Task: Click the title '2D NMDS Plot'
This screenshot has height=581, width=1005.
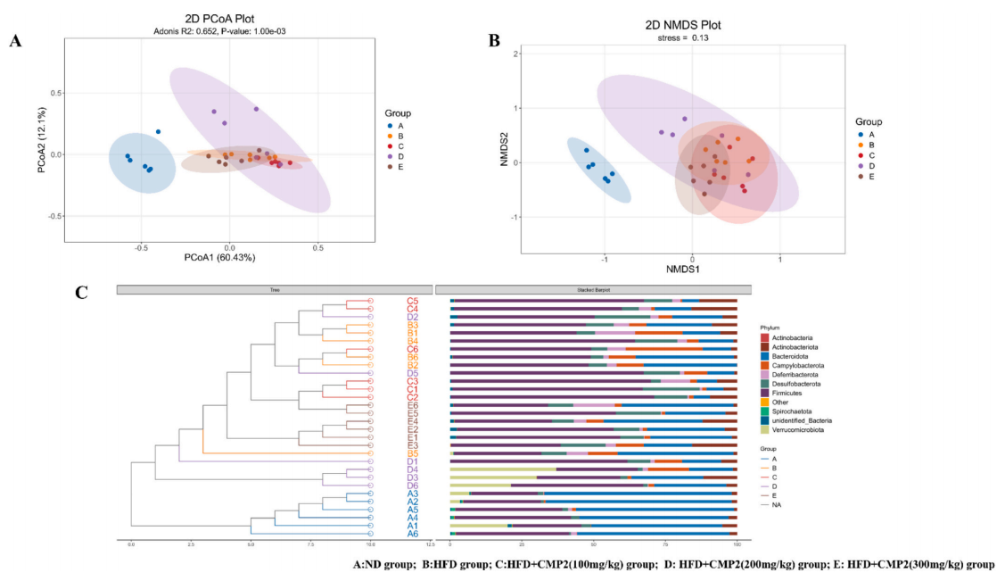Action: [x=682, y=25]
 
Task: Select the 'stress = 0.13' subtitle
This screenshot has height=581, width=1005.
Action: [x=682, y=39]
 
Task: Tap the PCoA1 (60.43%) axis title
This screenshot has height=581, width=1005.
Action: [x=219, y=258]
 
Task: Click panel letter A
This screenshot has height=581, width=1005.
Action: [x=15, y=41]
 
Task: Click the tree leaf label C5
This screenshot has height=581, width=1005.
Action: [x=413, y=302]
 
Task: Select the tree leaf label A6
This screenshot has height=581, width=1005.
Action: [x=413, y=533]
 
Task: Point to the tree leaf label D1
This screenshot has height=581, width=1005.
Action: [x=413, y=461]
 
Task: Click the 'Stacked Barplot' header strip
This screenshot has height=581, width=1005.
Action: [x=591, y=289]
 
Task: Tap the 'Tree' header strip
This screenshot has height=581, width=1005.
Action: [x=275, y=289]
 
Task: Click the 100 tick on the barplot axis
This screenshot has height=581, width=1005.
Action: [x=737, y=544]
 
